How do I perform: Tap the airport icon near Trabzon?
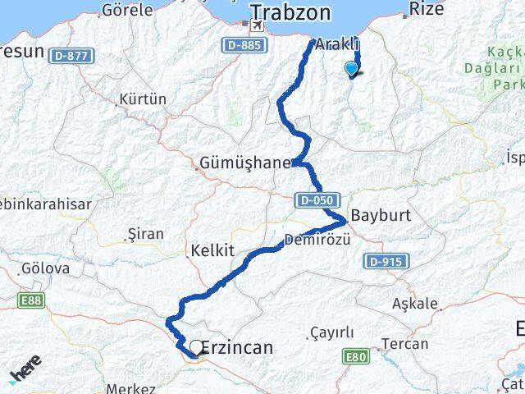[x=258, y=26]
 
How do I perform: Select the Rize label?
[x=426, y=10]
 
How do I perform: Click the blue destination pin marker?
[x=352, y=69]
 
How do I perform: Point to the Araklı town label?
[x=337, y=46]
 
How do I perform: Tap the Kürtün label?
[x=143, y=99]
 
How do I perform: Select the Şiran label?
[x=146, y=234]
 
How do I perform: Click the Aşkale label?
[x=415, y=304]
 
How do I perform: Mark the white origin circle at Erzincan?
[x=196, y=348]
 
